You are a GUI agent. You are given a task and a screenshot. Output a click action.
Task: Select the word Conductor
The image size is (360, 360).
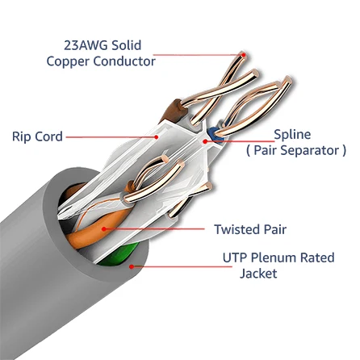(126, 61)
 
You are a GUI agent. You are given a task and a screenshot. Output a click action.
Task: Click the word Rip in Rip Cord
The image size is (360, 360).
(21, 137)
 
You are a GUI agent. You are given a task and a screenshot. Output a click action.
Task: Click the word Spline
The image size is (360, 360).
(293, 134)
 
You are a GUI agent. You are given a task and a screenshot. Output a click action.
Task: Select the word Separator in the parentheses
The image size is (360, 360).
(310, 150)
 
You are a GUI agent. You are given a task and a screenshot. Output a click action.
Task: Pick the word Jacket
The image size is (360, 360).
(257, 274)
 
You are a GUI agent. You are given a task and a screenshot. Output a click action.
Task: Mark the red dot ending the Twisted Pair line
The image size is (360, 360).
(103, 229)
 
